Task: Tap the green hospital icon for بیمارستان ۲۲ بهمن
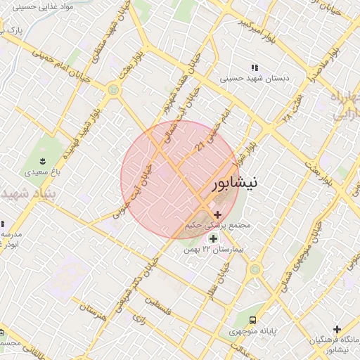coord(213,238)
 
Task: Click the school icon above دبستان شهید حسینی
coord(252,68)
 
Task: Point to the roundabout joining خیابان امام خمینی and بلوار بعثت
coord(113,90)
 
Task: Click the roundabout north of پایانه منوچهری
coord(255,269)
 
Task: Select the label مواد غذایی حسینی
coord(32,8)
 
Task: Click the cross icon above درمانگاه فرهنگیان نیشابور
coord(337,329)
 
